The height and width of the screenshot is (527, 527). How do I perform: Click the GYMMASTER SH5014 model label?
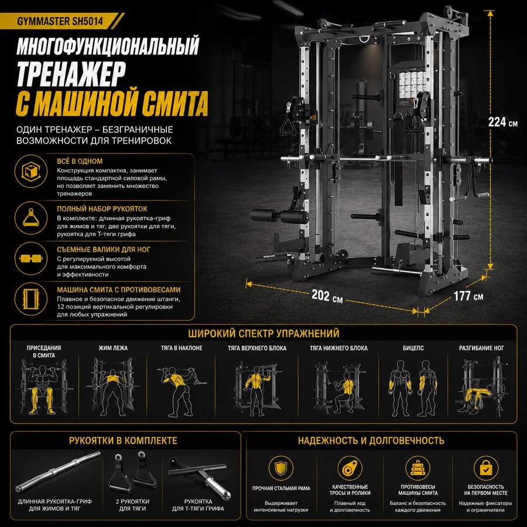point(60,21)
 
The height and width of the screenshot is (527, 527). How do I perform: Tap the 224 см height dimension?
point(503,122)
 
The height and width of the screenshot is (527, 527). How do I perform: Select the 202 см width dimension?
point(327,296)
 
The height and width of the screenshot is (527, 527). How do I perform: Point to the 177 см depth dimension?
point(468,296)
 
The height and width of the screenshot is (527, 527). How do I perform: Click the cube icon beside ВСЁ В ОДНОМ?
point(31,172)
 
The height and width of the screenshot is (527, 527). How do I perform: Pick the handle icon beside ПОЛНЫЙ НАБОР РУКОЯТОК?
point(31,218)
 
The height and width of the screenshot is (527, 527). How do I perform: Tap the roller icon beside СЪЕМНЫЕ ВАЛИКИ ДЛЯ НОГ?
point(31,258)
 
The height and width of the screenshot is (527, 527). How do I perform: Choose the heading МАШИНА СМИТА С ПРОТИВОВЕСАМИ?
point(119,290)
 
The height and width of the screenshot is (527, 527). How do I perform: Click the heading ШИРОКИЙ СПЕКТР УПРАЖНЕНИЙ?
point(263,333)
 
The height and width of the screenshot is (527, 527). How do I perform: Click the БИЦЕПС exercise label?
point(413,348)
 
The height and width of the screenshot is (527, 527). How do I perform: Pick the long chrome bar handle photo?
point(58,471)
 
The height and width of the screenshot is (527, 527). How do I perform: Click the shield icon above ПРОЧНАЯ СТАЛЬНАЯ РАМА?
point(280,468)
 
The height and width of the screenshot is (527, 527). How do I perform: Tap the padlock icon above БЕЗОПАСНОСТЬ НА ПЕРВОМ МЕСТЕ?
point(485,468)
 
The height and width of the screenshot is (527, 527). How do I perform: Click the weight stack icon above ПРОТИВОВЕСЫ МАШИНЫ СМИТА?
point(418,468)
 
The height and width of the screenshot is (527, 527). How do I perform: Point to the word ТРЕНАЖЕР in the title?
point(71,74)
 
